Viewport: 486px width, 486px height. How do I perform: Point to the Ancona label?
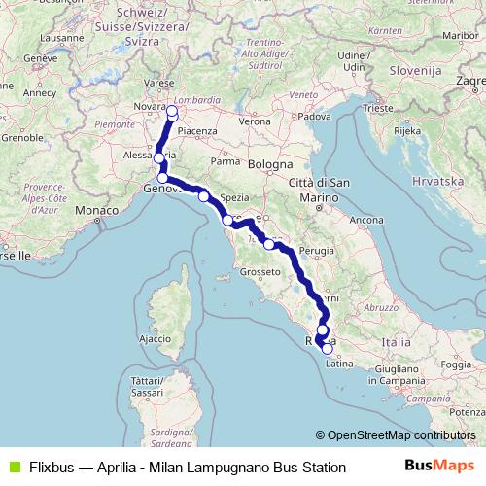[366, 220]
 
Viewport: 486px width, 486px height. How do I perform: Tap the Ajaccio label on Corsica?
[156, 339]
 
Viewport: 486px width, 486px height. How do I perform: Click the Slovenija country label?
[416, 71]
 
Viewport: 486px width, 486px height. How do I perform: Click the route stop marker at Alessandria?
[158, 157]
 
